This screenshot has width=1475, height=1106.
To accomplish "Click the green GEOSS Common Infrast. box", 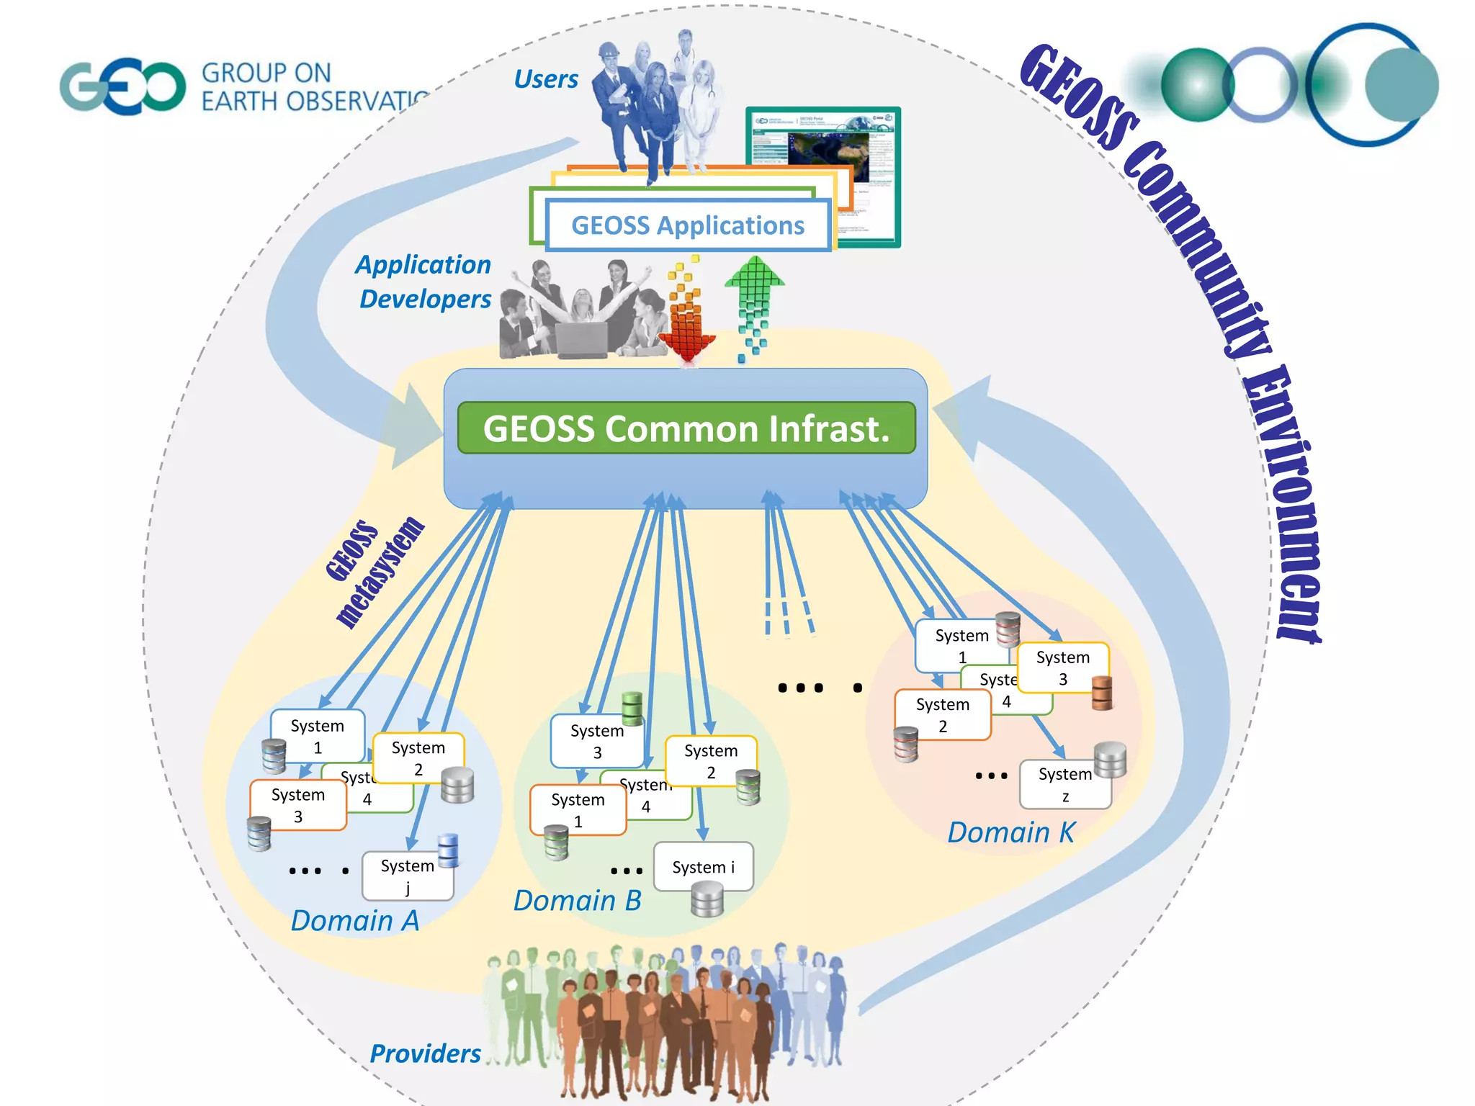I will click(x=686, y=428).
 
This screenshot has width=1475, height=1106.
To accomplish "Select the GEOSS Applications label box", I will click(x=688, y=225).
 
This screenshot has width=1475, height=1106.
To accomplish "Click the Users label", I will click(x=545, y=79).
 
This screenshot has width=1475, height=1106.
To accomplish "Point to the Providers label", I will click(x=425, y=1053).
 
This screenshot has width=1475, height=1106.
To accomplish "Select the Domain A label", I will click(x=354, y=921).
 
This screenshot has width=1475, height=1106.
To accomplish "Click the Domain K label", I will click(x=1010, y=832).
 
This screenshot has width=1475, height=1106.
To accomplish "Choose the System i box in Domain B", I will click(x=703, y=867).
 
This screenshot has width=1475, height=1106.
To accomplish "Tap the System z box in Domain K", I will click(x=1064, y=784).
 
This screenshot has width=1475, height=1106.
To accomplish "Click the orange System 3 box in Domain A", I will click(x=297, y=805).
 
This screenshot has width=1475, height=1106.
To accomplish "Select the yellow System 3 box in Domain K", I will click(x=1063, y=667).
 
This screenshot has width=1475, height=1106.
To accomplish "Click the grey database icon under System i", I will click(x=707, y=900).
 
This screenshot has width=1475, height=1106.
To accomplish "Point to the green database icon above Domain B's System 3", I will click(x=632, y=707).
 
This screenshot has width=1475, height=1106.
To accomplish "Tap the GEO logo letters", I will click(x=122, y=87).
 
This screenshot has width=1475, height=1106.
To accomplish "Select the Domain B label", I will click(x=577, y=901).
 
